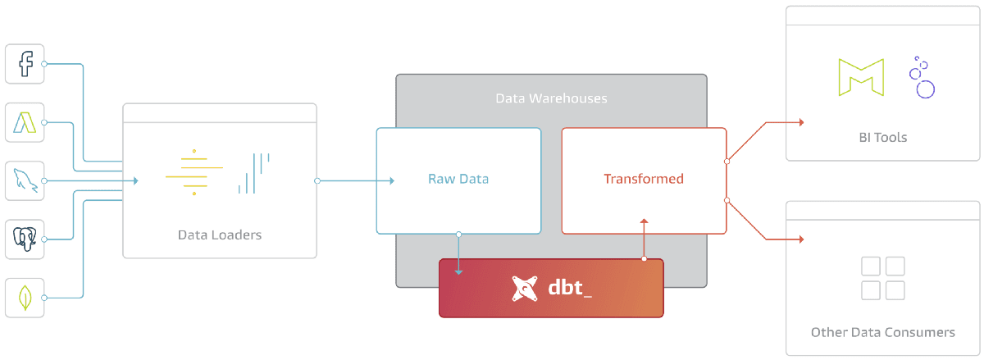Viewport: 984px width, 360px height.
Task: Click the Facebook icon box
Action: coord(25,63)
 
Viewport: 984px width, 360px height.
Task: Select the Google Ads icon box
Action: coord(25,122)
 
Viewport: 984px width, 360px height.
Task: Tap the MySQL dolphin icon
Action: coord(25,180)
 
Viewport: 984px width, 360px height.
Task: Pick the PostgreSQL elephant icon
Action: coord(25,239)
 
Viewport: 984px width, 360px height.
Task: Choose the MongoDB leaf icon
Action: coord(25,297)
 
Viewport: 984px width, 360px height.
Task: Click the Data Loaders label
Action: coord(220,235)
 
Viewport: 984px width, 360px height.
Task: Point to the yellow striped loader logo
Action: coord(194,172)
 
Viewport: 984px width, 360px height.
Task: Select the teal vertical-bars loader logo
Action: coord(253,173)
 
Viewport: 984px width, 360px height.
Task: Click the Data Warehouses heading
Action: coord(551,98)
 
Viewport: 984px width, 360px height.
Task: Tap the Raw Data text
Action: coord(458,179)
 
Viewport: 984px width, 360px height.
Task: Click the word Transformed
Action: coord(644,179)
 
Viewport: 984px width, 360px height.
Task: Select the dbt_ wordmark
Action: coord(570,289)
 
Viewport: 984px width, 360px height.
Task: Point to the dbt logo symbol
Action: coord(525,289)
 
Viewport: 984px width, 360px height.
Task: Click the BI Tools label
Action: coord(882,137)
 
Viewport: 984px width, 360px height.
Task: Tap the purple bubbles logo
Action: coord(922,79)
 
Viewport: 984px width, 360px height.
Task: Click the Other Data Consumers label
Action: coord(882,332)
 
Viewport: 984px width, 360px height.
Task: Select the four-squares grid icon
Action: coord(882,279)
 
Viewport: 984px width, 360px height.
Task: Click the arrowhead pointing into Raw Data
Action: coord(391,180)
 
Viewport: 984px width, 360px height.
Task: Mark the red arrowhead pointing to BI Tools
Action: coord(799,122)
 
